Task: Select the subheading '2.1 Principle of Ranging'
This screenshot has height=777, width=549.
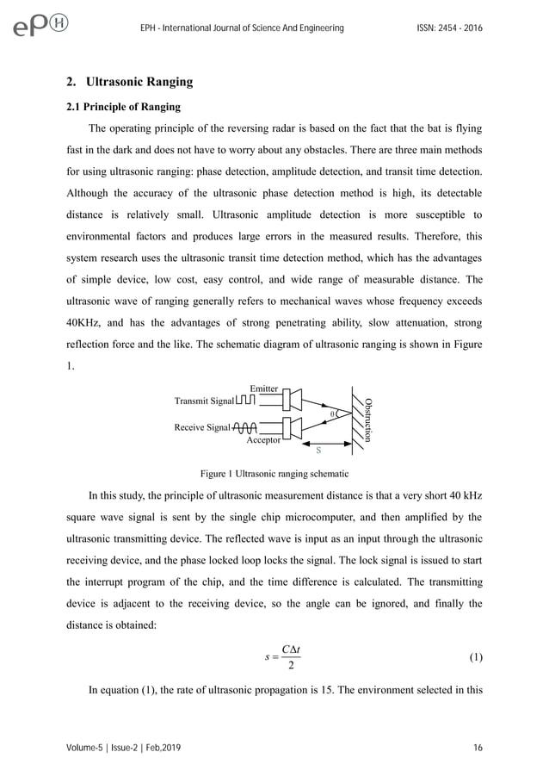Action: click(x=124, y=108)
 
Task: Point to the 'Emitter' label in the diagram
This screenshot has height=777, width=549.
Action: click(x=263, y=388)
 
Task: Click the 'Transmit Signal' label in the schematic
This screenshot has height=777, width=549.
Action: click(x=204, y=401)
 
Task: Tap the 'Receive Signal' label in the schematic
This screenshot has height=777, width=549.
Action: click(x=202, y=426)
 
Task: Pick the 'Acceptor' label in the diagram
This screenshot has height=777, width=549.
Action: click(x=263, y=439)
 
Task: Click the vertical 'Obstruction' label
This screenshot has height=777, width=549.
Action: click(x=369, y=419)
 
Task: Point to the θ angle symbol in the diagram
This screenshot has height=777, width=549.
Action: click(x=332, y=413)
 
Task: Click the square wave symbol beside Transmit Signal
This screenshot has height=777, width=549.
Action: click(x=245, y=401)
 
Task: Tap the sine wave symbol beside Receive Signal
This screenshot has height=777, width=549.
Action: click(x=245, y=426)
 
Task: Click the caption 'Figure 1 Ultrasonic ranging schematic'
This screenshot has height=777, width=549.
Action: click(x=274, y=474)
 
